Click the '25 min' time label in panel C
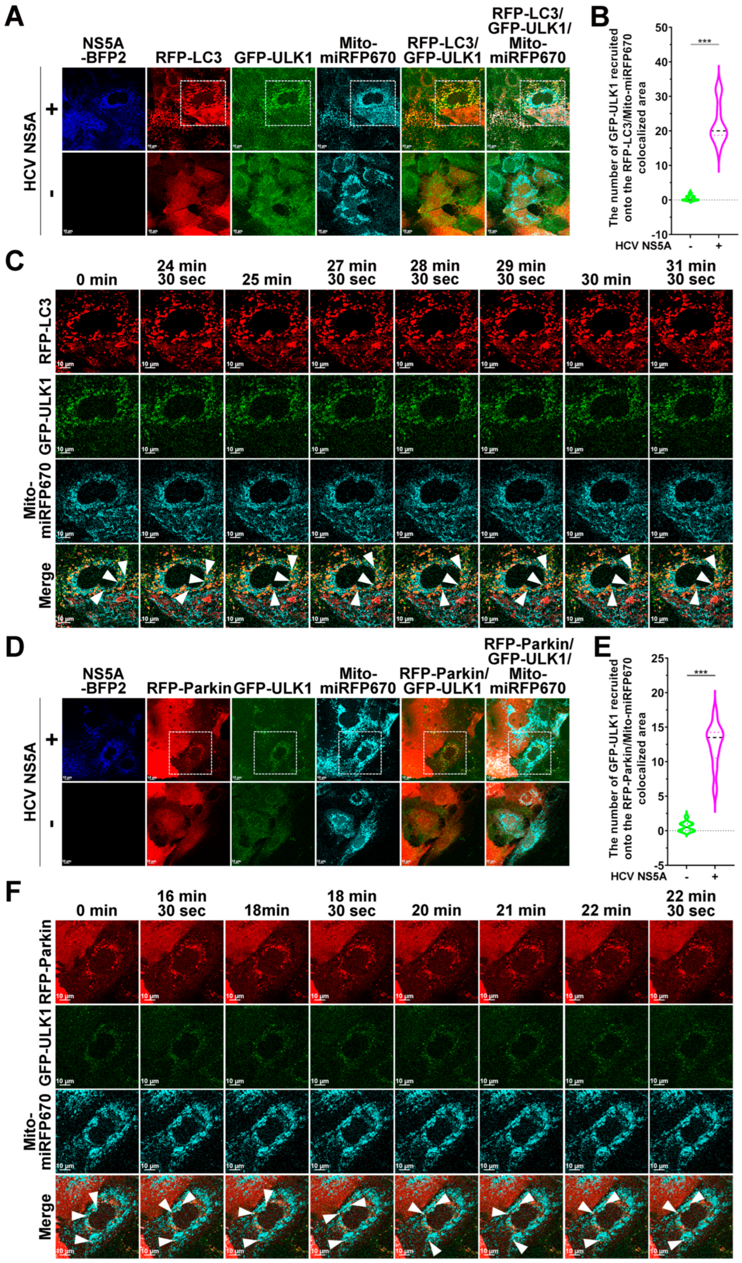pyautogui.click(x=267, y=280)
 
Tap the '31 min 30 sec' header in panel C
pyautogui.click(x=691, y=273)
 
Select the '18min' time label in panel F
pyautogui.click(x=267, y=910)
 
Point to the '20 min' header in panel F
pyautogui.click(x=436, y=910)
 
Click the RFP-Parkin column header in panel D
pyautogui.click(x=189, y=689)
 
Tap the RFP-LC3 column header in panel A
pyautogui.click(x=189, y=58)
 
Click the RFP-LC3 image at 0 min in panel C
pyautogui.click(x=97, y=331)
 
